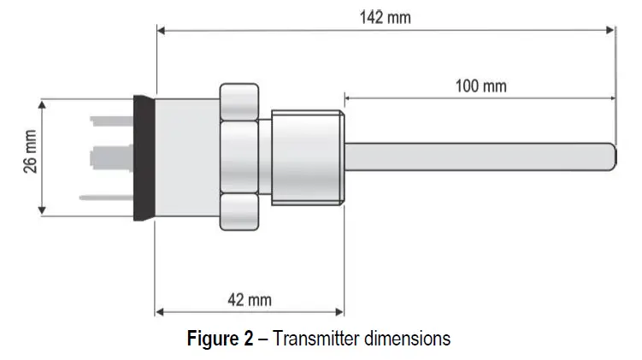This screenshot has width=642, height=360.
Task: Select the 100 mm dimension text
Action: coord(480,86)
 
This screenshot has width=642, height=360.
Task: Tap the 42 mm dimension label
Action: coord(249,300)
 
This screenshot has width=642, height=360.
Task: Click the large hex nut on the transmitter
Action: coord(239,157)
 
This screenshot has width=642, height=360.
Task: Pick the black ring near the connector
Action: coord(144,157)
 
